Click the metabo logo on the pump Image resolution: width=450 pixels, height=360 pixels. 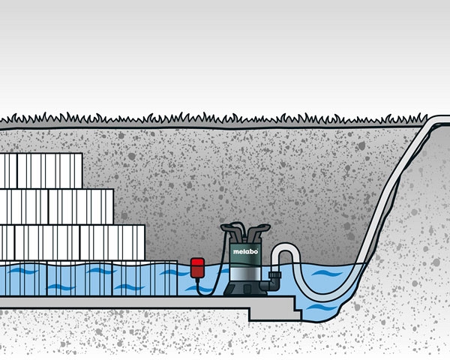[x=245, y=252]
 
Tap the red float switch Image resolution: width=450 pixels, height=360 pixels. [x=197, y=268]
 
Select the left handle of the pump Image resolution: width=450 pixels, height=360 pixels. [x=232, y=232]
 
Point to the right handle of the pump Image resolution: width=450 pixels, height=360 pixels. [x=259, y=232]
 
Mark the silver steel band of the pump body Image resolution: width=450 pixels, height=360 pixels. [x=245, y=273]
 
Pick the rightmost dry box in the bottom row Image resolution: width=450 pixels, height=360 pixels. [x=112, y=242]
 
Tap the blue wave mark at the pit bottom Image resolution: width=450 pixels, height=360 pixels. [x=322, y=307]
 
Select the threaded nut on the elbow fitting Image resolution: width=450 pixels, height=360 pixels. [x=274, y=275]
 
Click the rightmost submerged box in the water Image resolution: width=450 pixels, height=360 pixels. [x=145, y=278]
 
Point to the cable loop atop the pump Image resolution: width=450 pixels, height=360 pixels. [x=238, y=229]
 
